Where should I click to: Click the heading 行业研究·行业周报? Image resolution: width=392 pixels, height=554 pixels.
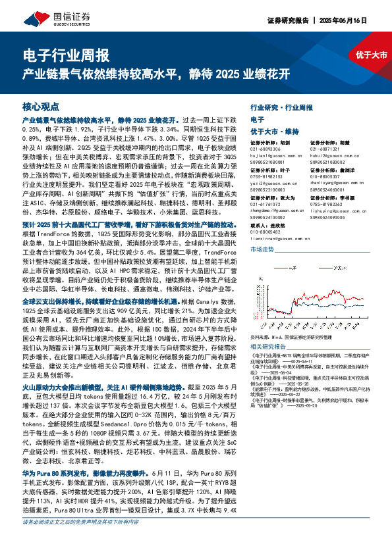[x=282, y=107]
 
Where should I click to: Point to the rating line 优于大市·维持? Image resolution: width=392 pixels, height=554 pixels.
[x=275, y=132]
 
